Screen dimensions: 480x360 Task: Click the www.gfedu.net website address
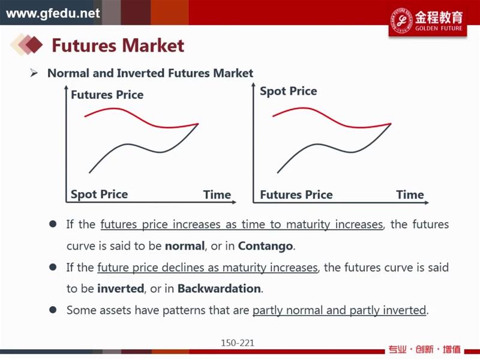(53, 13)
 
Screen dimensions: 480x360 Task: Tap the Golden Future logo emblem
(401, 20)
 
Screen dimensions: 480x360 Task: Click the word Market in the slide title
(153, 46)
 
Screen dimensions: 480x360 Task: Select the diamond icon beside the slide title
(26, 44)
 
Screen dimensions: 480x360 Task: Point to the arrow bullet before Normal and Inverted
(34, 73)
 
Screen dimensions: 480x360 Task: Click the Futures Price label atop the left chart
(107, 95)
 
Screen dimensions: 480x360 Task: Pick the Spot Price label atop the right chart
(289, 91)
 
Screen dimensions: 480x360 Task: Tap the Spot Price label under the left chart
(99, 194)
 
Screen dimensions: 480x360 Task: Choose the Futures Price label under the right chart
(296, 194)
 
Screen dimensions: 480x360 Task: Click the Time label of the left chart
(217, 194)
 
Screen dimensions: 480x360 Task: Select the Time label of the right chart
(410, 194)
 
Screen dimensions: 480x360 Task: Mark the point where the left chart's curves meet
(199, 124)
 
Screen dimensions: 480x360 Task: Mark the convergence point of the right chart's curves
(391, 124)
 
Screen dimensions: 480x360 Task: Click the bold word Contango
(265, 246)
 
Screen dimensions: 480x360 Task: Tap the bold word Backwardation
(219, 289)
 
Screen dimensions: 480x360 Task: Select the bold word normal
(185, 246)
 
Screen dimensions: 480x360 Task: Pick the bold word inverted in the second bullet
(121, 289)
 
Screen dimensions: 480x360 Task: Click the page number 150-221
(238, 343)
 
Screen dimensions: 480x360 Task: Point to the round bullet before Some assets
(53, 310)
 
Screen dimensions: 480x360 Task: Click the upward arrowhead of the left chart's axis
(66, 88)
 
